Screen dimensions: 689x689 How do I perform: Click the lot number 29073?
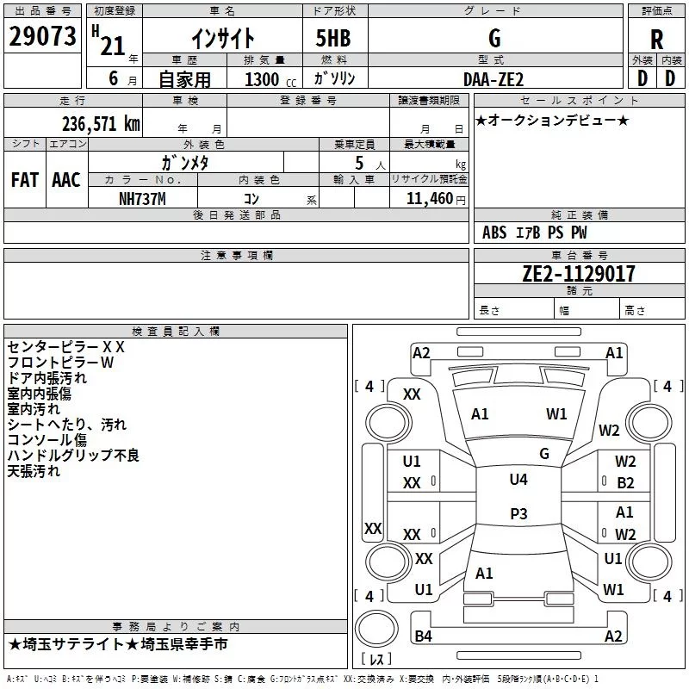(42, 37)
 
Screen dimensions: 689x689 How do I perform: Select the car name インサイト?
(222, 38)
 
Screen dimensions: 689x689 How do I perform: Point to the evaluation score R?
(656, 40)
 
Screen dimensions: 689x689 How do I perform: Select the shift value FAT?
(24, 179)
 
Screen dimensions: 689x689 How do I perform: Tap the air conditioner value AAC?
(66, 179)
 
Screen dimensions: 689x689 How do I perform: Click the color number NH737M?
(141, 199)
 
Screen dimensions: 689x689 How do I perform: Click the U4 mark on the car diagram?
(518, 480)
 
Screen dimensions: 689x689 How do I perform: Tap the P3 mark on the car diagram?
(518, 513)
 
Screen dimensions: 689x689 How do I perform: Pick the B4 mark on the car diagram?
(422, 636)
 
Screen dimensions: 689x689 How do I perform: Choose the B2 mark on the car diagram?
(625, 483)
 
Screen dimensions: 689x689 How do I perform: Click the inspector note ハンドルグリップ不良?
(73, 456)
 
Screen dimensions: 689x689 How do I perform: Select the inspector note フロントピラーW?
(60, 363)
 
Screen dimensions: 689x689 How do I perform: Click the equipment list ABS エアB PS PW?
(534, 233)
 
